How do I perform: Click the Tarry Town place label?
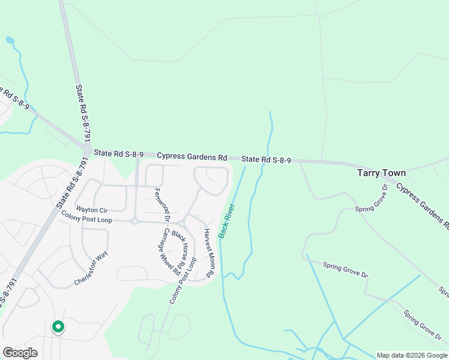coord(381,173)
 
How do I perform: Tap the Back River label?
coord(226,221)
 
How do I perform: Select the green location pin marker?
coord(58,327)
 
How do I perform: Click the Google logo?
coord(20,353)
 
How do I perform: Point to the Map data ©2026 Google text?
coord(411,355)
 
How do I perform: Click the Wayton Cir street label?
coord(91,210)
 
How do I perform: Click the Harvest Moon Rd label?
coord(208,252)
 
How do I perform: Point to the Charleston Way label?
coord(91,268)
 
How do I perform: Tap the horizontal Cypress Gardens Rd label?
coord(192,157)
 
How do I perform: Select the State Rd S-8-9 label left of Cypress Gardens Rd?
coord(118,154)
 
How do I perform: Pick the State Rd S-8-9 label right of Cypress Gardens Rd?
coord(267,160)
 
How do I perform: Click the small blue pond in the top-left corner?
coord(10,40)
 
